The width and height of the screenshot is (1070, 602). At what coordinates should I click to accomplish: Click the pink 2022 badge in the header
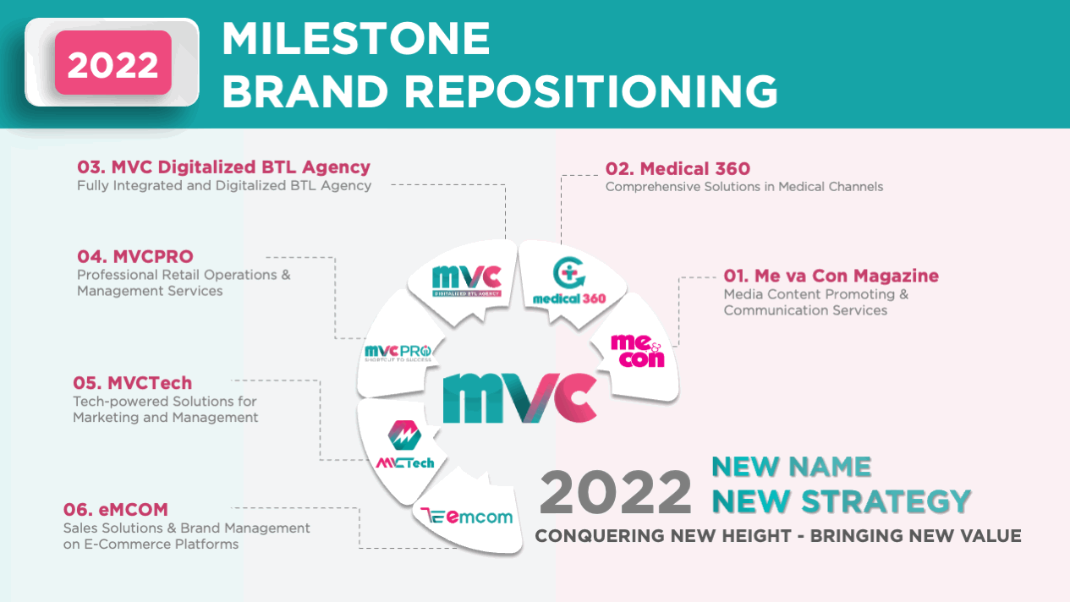point(112,63)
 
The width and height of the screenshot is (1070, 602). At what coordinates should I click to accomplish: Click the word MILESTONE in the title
point(356,39)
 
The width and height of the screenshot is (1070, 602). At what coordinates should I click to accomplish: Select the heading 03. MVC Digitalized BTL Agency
point(223,167)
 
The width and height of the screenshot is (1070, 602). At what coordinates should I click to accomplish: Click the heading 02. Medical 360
point(677,168)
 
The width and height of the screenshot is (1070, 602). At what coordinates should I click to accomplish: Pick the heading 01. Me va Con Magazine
point(830,276)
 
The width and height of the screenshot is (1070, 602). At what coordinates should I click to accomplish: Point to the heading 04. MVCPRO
point(135,256)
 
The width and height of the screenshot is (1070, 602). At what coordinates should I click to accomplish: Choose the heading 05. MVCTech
point(132,382)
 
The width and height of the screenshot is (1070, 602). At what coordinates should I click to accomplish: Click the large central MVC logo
point(519,396)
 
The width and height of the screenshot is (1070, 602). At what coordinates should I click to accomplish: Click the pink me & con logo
point(637,350)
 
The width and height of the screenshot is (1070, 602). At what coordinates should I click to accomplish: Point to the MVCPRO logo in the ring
point(398,353)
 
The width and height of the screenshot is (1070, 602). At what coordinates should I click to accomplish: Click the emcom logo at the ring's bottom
point(467,516)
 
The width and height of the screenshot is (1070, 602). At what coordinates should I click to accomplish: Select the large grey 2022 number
point(615,493)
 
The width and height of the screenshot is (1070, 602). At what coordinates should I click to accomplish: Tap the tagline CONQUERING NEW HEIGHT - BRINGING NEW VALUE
point(777,536)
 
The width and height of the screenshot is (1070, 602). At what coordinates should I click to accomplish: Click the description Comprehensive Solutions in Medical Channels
point(744,186)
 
